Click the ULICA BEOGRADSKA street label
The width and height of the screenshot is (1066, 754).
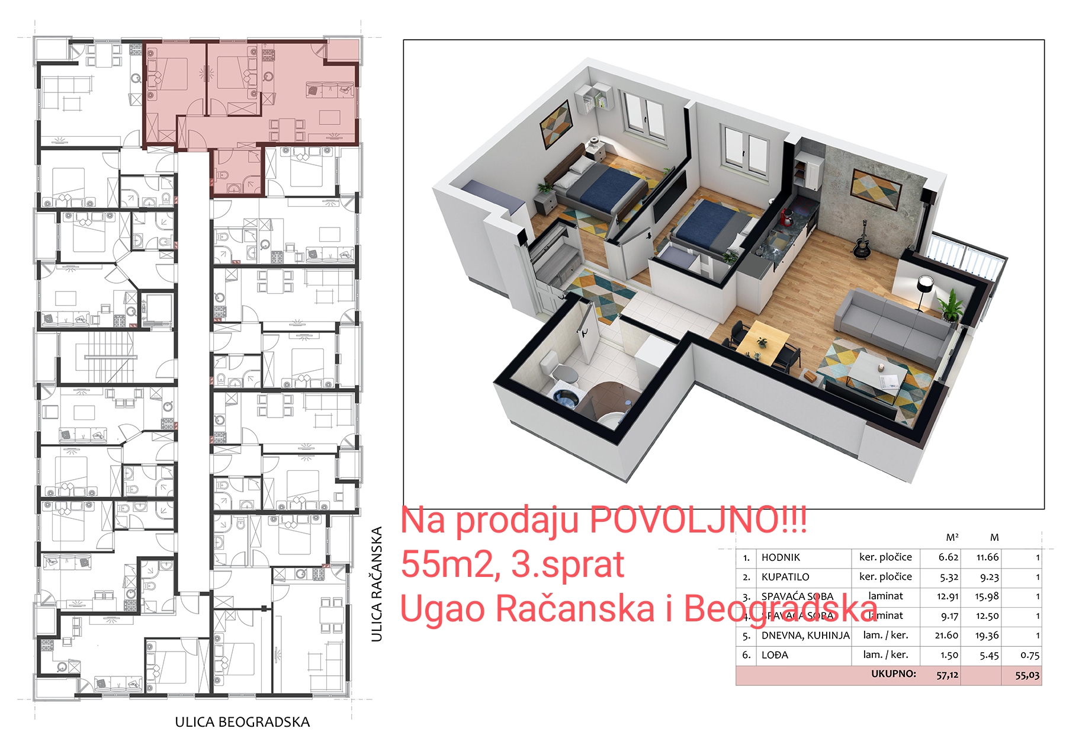tap(242, 722)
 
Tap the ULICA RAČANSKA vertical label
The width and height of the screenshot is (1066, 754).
tap(377, 584)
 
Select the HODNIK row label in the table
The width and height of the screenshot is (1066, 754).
tap(781, 557)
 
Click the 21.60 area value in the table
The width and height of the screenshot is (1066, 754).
tap(946, 636)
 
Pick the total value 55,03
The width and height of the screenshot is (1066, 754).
tap(1027, 675)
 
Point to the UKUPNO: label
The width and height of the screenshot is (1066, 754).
tap(893, 674)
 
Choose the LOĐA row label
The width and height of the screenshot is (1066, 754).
tap(775, 655)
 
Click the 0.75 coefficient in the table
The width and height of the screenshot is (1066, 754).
tap(1030, 655)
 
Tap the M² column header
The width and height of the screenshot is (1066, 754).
tap(952, 538)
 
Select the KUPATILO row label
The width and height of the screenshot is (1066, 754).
tap(785, 577)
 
